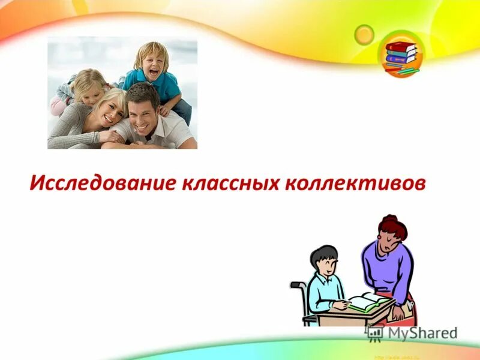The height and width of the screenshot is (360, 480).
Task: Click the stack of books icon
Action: click(401, 55)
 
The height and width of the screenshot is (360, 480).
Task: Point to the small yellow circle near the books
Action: click(364, 34)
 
